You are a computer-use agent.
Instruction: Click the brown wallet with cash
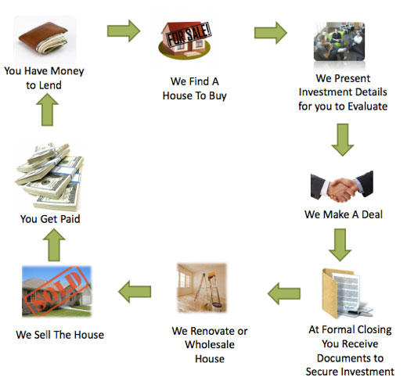(x=44, y=38)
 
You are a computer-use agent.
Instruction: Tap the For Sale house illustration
(x=185, y=40)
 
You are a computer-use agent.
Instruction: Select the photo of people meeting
(x=339, y=41)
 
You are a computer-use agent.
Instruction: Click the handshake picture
(x=342, y=187)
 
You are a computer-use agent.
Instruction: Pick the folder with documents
(x=347, y=293)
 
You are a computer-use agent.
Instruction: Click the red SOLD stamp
(x=56, y=291)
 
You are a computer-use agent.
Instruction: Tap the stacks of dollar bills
(x=49, y=177)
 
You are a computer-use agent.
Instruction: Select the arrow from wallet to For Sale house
(x=124, y=31)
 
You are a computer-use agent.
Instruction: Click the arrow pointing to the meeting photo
(x=271, y=33)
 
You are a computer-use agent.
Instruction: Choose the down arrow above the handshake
(x=343, y=140)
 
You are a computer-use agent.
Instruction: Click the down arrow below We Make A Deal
(x=340, y=245)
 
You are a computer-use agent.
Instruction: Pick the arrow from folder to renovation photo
(x=284, y=293)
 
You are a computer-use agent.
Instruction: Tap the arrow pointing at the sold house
(x=135, y=292)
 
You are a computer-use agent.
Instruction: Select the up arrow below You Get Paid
(x=54, y=245)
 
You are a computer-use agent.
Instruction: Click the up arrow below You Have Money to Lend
(x=47, y=110)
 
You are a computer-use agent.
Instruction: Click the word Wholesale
(x=210, y=345)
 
